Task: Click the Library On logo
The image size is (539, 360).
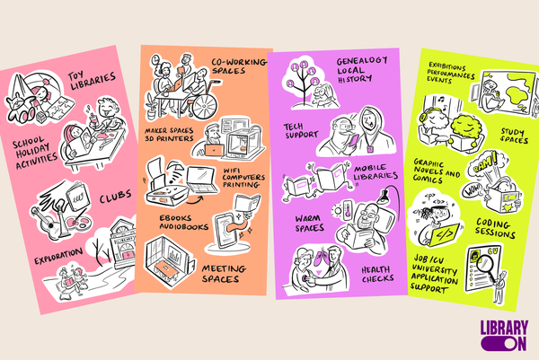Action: click(504, 336)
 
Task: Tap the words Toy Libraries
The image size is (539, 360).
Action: click(91, 81)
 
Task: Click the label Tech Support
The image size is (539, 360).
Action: click(300, 131)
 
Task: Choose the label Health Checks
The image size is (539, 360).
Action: click(377, 274)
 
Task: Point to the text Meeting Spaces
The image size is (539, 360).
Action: click(223, 274)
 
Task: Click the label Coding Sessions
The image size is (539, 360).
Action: click(495, 228)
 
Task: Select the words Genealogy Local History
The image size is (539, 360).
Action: click(361, 70)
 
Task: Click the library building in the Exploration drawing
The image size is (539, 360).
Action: click(124, 242)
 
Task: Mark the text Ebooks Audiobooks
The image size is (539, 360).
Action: click(184, 223)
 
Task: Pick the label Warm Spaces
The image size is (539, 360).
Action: click(309, 224)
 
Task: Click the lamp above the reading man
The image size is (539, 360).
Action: click(386, 197)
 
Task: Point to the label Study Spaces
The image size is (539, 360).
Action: click(514, 136)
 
